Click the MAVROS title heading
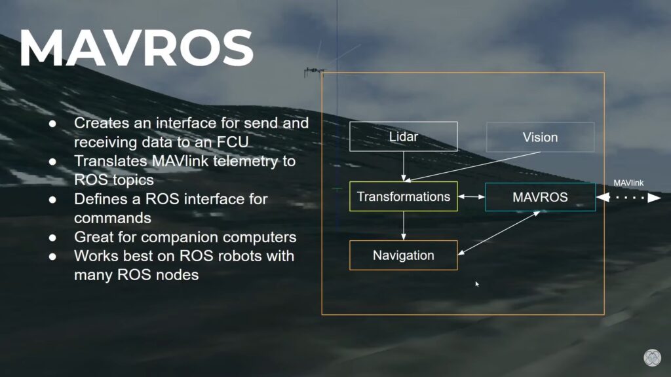(x=136, y=48)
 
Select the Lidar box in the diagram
(x=404, y=137)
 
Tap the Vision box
(x=540, y=137)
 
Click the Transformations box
(x=404, y=196)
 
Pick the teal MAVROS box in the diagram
(x=540, y=197)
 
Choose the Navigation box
(x=404, y=255)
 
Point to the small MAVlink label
(x=628, y=183)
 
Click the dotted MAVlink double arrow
(x=628, y=198)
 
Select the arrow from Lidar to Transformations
(x=404, y=166)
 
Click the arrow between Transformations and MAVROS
(x=472, y=196)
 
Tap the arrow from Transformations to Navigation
(x=404, y=226)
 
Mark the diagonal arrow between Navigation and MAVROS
(x=499, y=233)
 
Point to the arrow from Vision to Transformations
(x=472, y=167)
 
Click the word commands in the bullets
(x=113, y=218)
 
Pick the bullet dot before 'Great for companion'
(x=52, y=238)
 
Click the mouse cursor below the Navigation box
(x=477, y=284)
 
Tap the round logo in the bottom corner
(x=652, y=357)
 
